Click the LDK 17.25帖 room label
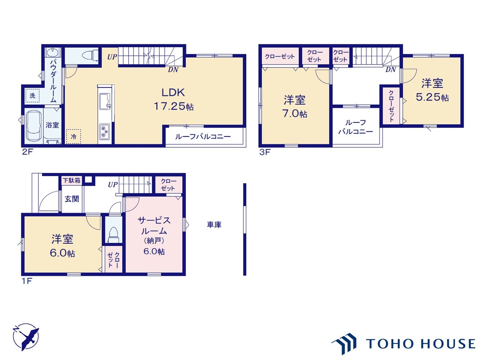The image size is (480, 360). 174,99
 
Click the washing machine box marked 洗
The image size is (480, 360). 32,96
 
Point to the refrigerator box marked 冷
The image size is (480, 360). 73,136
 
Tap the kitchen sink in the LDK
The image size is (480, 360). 105,101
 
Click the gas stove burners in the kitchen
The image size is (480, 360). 105,132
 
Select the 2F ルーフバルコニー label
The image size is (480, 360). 203,137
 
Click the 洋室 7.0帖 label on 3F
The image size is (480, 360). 294,106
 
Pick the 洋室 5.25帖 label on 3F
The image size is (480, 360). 432,90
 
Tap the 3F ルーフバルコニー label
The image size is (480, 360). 355,127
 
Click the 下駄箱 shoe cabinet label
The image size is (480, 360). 72,180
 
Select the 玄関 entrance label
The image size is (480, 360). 72,199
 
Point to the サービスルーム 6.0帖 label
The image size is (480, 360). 154,236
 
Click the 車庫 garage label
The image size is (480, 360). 214,225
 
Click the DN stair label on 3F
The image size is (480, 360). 390,70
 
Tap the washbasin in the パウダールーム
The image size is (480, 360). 53,52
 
